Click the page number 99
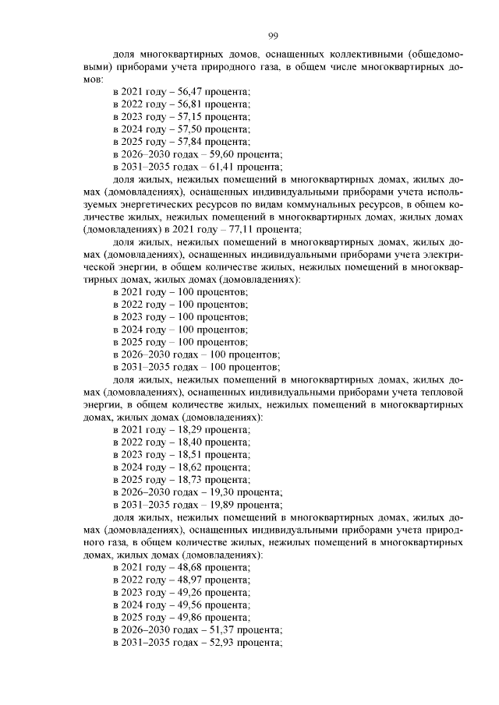coord(274,36)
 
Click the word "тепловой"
coord(441,392)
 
